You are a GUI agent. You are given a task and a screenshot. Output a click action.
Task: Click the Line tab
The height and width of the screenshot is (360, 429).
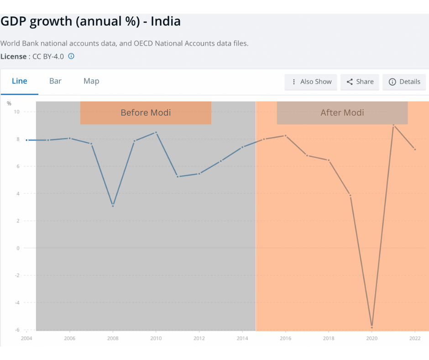point(20,81)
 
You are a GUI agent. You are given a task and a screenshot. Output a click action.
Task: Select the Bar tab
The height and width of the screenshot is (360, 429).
point(55,81)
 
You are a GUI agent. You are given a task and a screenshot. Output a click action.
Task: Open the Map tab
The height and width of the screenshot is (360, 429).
point(91,81)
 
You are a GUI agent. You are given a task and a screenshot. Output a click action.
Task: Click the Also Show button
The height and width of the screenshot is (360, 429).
point(311,82)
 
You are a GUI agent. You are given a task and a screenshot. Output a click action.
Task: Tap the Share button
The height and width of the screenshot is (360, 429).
point(360,82)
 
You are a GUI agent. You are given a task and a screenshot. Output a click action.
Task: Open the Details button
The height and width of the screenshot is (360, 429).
point(404,82)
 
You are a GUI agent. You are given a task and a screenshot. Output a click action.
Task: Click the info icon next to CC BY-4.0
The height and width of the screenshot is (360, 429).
point(71,56)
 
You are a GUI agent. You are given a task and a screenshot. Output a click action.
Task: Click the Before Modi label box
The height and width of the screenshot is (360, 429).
point(146,112)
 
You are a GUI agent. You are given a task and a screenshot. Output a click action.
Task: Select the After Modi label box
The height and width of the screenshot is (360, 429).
point(342,112)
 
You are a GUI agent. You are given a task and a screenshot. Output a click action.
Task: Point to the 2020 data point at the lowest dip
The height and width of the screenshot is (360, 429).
point(372,327)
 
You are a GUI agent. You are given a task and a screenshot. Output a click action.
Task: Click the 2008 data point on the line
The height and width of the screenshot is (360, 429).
point(113,206)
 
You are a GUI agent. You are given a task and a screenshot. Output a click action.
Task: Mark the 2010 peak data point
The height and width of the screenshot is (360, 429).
point(156,132)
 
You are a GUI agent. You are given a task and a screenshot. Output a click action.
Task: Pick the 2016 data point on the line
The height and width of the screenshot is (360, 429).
point(286,136)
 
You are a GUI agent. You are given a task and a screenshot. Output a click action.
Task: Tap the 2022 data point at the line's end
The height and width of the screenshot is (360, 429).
point(415,149)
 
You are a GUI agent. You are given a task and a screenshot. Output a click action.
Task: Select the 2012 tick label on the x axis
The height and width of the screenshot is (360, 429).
point(199,339)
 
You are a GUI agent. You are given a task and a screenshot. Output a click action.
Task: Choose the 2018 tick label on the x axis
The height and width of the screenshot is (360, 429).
point(329,339)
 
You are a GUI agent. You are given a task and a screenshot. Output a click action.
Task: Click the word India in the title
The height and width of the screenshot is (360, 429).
point(166,21)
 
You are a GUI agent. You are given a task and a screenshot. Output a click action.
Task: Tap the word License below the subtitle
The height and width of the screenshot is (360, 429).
point(13,57)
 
